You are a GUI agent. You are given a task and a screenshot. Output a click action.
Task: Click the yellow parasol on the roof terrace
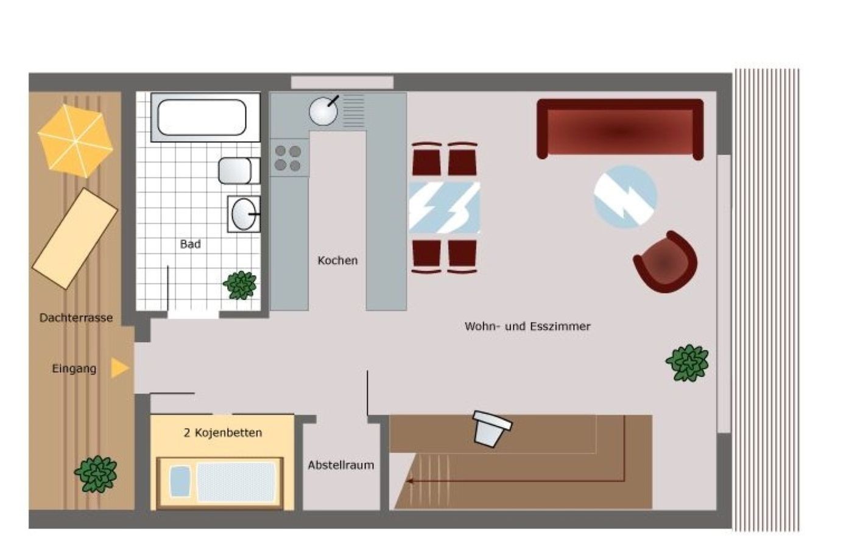(x=76, y=141)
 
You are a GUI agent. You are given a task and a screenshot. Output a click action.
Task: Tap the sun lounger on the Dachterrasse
(x=75, y=239)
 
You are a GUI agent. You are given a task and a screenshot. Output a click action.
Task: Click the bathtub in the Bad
(x=205, y=118)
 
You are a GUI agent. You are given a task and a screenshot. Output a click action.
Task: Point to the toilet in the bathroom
(x=239, y=171)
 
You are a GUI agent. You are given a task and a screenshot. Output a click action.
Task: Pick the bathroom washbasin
(x=244, y=214)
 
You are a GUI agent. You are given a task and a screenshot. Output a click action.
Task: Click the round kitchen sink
(x=323, y=111)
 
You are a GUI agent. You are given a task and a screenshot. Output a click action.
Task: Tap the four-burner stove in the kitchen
(x=289, y=158)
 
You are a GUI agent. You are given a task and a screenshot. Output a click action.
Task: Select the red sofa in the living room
(x=620, y=129)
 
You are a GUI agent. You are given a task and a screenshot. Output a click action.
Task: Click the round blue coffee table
(x=625, y=197)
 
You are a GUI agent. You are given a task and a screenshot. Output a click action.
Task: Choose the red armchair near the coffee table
(x=666, y=262)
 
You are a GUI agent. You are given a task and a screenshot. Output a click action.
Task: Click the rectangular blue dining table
(x=444, y=208)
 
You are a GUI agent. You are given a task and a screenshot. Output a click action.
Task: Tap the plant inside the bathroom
(x=240, y=285)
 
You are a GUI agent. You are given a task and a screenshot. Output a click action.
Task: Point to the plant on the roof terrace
(x=96, y=474)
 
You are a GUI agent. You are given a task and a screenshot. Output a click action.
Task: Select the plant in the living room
(x=688, y=362)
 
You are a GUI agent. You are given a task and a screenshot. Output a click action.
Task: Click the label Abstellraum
(x=341, y=465)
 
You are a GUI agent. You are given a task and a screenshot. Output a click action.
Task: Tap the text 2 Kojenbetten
(x=223, y=432)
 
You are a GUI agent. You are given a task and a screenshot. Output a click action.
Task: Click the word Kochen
(x=337, y=260)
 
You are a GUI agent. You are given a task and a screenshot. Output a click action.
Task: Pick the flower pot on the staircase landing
(x=491, y=429)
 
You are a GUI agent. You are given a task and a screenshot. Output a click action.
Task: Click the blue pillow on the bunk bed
(x=180, y=481)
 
